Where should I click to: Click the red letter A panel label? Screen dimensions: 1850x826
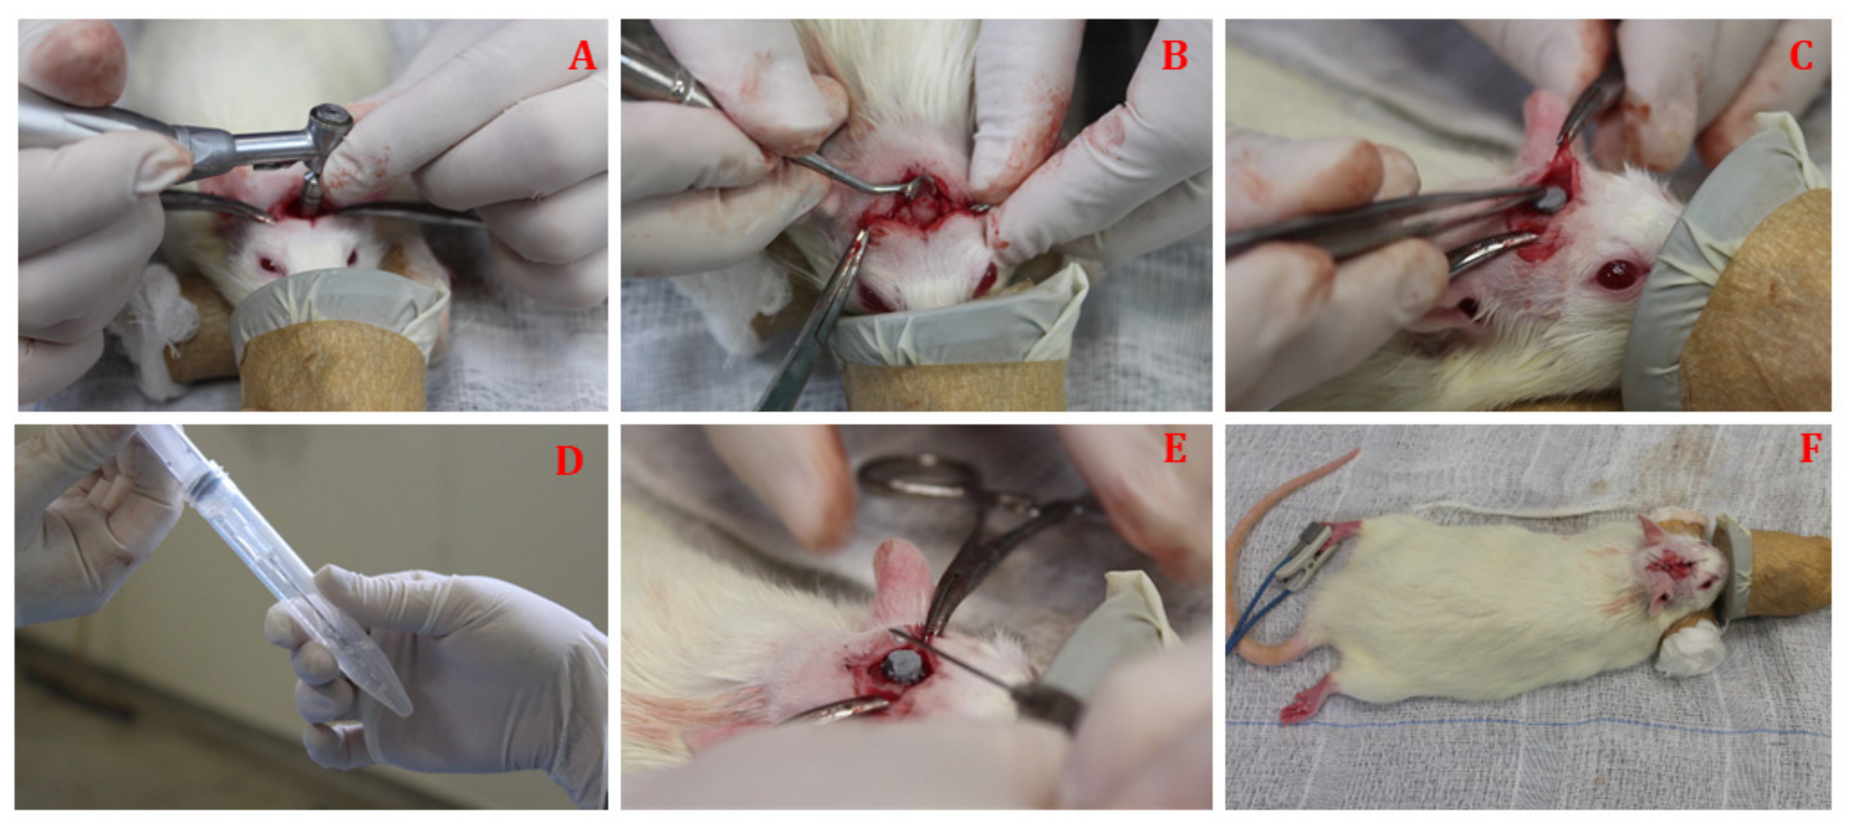click(582, 55)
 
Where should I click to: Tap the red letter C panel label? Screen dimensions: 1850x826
click(1801, 55)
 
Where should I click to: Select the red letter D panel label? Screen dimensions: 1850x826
click(569, 461)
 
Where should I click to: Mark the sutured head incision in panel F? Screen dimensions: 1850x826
click(1673, 567)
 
